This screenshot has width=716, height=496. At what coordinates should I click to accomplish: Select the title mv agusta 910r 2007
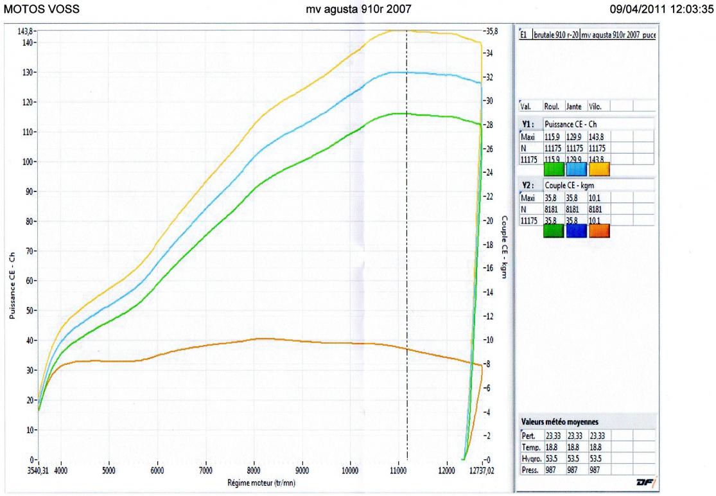(x=357, y=9)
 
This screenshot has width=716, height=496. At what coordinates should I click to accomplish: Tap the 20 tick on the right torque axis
(x=491, y=220)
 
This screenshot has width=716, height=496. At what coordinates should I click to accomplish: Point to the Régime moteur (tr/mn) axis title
(x=262, y=482)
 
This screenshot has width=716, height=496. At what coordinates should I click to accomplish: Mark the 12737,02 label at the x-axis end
(x=491, y=470)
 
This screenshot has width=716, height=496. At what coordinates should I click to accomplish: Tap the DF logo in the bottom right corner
(x=642, y=481)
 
